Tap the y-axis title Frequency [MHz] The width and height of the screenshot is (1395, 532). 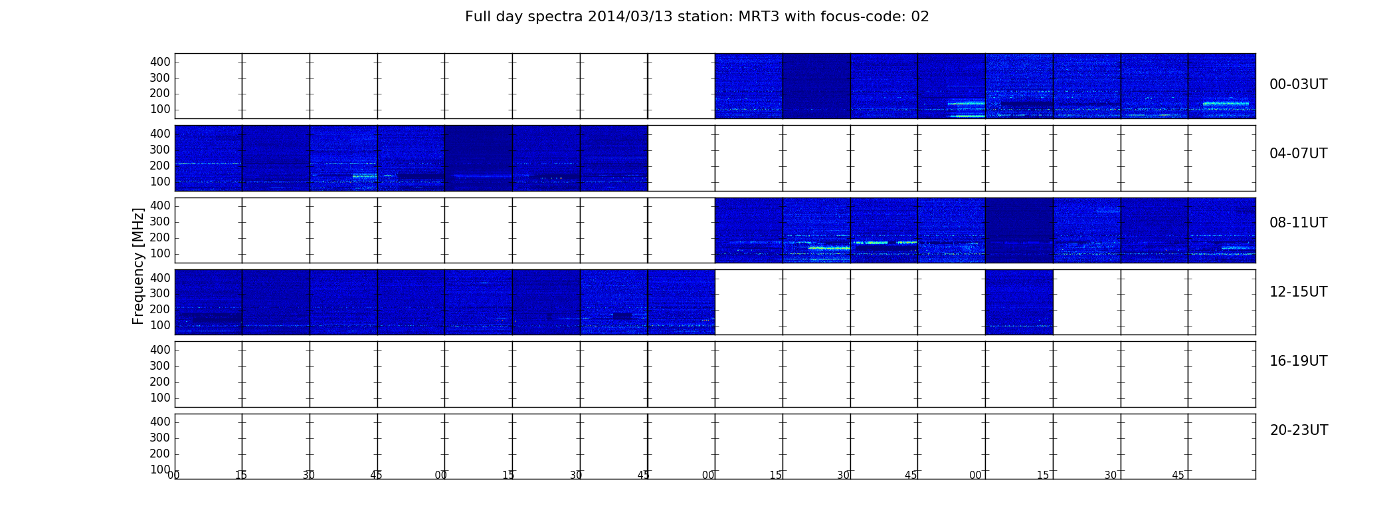(x=138, y=266)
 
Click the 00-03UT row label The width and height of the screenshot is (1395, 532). (x=1299, y=84)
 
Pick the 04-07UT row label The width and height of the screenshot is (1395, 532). (x=1299, y=154)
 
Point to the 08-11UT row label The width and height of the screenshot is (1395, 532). (x=1299, y=223)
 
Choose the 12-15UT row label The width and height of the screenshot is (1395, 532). (x=1299, y=292)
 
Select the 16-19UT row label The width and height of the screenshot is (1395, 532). (x=1299, y=361)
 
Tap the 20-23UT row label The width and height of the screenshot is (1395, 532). (x=1299, y=430)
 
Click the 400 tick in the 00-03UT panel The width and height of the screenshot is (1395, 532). (x=160, y=62)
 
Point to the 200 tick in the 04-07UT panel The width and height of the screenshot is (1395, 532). (x=160, y=166)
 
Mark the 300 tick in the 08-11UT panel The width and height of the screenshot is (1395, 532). (x=160, y=221)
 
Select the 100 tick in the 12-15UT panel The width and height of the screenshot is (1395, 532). (x=160, y=325)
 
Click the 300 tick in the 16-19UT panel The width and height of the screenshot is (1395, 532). (x=160, y=366)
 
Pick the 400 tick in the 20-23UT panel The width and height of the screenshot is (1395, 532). (x=160, y=422)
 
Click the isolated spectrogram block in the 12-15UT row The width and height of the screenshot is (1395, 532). (x=1019, y=302)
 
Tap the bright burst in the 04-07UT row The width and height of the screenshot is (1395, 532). (x=365, y=176)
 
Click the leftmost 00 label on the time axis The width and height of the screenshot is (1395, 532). (x=173, y=475)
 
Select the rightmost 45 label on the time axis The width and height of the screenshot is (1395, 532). (x=1178, y=475)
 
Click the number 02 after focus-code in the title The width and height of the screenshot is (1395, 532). (x=920, y=17)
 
